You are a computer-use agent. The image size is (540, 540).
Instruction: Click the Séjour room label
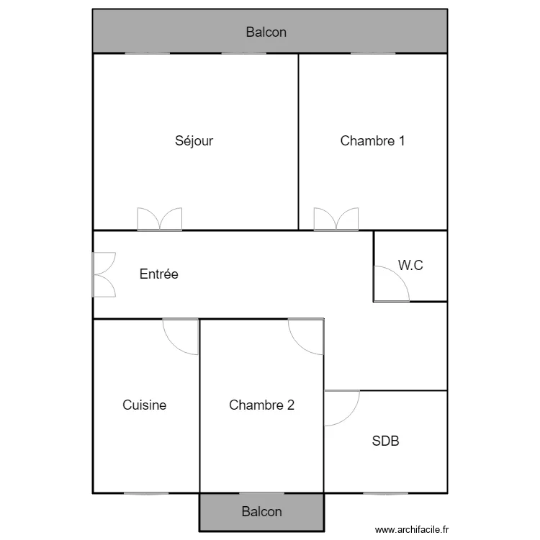coord(194,141)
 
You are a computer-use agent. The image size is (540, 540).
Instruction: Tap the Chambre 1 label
coord(372,141)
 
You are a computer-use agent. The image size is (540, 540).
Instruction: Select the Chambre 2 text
coord(261,405)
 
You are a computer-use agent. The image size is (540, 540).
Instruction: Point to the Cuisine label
coord(144,405)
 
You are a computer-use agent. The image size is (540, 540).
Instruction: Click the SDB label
coord(385,441)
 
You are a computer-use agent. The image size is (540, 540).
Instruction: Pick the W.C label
coord(410,266)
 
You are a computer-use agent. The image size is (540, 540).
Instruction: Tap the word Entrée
coord(158,274)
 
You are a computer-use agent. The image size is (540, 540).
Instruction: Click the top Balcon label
coord(266,32)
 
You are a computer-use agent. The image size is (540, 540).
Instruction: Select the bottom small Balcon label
coord(261,512)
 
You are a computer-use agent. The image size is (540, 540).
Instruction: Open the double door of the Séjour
coord(160,220)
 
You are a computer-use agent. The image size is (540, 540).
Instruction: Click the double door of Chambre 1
coord(336,220)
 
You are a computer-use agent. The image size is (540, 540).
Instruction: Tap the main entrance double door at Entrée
coord(104,274)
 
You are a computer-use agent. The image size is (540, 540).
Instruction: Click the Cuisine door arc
coord(181,336)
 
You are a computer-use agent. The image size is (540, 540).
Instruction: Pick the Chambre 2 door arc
coord(306,336)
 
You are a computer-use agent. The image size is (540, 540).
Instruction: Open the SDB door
coord(341,408)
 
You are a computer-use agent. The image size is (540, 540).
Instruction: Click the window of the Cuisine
coord(146,493)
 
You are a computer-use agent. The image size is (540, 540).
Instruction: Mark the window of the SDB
coord(385,493)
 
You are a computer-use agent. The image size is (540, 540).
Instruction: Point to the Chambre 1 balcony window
coord(373,53)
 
